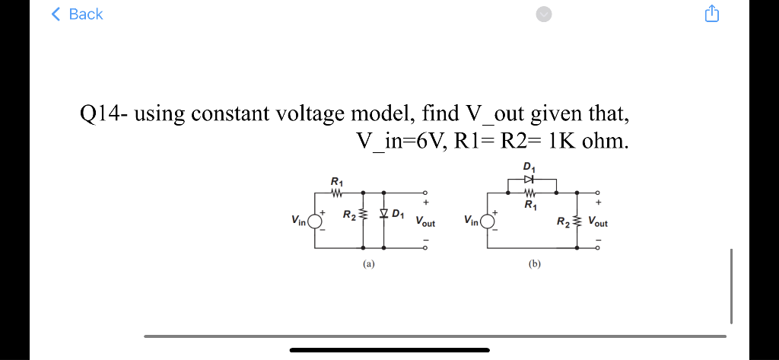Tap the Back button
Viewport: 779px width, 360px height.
click(77, 14)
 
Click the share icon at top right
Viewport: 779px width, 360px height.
click(711, 14)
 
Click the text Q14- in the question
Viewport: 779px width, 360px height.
click(105, 114)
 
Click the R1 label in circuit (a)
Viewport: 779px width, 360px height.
click(337, 181)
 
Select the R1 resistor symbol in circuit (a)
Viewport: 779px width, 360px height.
click(338, 192)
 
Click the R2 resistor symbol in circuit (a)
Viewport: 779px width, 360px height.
click(364, 216)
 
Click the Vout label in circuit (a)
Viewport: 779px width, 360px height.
click(425, 222)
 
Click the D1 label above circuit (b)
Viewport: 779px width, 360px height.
click(529, 167)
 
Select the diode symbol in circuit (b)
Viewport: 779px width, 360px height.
click(530, 179)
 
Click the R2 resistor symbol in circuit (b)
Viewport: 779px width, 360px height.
click(577, 221)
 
